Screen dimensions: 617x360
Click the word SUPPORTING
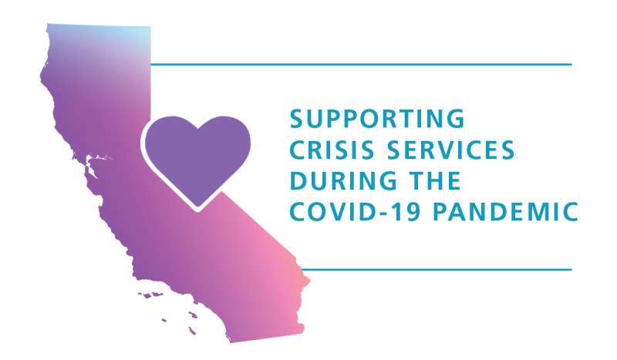coord(377,119)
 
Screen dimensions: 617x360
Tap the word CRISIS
coord(332,150)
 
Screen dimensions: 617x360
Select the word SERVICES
coord(451,150)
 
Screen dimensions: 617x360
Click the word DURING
coord(343,180)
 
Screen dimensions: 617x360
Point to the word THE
coord(435,180)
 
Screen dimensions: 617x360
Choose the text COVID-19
coord(356,212)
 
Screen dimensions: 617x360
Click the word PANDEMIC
coord(506,212)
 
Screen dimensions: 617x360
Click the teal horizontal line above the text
coord(361,64)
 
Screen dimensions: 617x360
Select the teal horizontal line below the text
coord(437,270)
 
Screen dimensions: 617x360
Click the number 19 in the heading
coord(409,212)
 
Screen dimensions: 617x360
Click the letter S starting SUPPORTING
coord(297,119)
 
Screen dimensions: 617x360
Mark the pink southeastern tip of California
coord(307,281)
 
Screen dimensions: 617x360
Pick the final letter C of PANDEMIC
coord(570,212)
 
